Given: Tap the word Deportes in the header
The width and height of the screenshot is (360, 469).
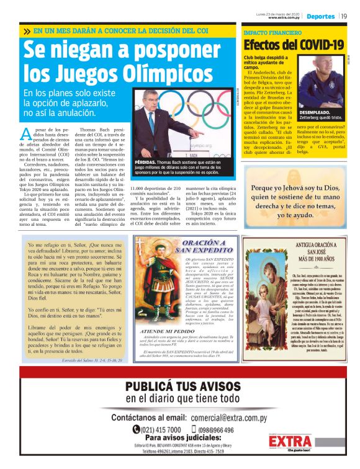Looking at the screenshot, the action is [320, 16].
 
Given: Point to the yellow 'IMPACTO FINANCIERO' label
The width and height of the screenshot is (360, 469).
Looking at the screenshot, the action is [268, 30].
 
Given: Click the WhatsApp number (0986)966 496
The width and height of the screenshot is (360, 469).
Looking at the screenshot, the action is [210, 429].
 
